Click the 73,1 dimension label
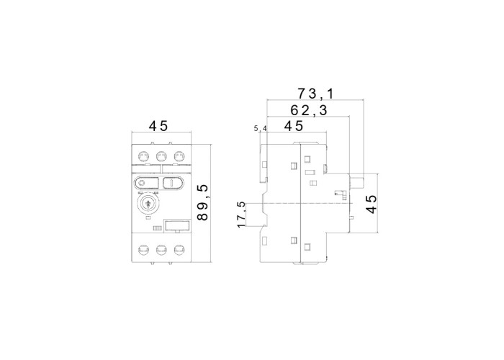point(315,94)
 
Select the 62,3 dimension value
point(309,110)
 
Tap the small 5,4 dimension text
point(261,129)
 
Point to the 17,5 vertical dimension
point(241,215)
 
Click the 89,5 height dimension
point(202,202)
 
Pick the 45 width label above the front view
point(158,126)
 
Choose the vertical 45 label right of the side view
point(372,204)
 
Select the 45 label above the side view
point(294,126)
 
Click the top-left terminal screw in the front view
point(143,157)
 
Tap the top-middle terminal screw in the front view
point(161,157)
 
